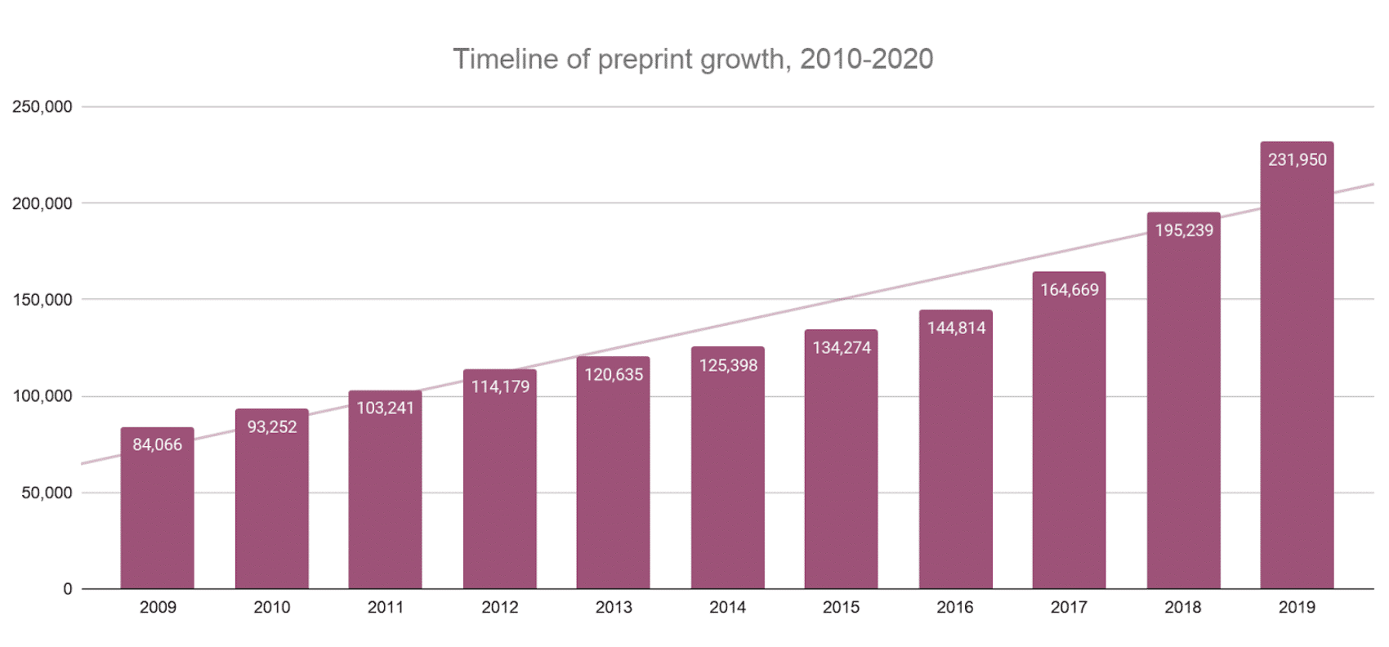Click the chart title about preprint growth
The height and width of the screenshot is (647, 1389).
point(693,59)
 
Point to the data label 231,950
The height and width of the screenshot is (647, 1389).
point(1297,160)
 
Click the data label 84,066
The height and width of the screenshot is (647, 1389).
point(158,445)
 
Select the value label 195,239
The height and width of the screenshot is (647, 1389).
point(1184,230)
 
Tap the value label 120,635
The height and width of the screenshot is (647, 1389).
point(614,375)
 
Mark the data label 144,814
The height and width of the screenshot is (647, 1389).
point(956,328)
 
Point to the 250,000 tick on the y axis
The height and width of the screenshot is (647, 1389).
point(42,107)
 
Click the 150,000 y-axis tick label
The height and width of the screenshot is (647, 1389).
point(42,300)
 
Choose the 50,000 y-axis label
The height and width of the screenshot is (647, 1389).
point(47,493)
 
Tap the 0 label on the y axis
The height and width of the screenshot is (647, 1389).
point(68,589)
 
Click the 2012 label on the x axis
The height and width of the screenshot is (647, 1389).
point(500,608)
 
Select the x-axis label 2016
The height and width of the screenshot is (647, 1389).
point(955,608)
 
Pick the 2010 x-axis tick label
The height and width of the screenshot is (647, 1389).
point(272,608)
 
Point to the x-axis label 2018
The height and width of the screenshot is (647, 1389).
point(1183,608)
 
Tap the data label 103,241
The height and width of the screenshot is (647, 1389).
point(386,408)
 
